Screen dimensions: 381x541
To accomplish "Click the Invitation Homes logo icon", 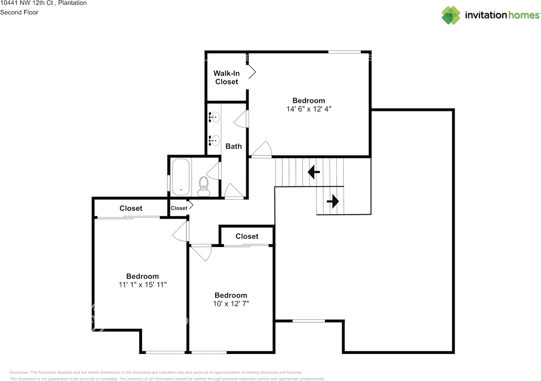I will click(451, 15).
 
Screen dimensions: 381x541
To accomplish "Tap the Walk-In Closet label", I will click(227, 78).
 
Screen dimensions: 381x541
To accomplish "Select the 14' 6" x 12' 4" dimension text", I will click(309, 109).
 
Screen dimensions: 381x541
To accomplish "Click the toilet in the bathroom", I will click(204, 186).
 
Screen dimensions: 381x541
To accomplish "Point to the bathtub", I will click(180, 177).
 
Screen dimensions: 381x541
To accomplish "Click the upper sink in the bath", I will click(214, 117).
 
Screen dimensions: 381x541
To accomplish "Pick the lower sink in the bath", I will click(214, 140).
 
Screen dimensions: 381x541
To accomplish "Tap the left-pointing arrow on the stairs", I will click(314, 172).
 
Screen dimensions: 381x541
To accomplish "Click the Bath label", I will click(234, 146).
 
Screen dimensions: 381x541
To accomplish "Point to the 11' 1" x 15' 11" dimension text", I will click(143, 285).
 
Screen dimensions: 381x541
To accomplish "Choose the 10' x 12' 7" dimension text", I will click(231, 303).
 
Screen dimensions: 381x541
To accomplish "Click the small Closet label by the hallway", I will click(179, 208).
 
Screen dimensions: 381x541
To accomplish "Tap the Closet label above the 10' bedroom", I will click(247, 236).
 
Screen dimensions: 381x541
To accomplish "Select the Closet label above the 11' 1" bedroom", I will click(131, 208).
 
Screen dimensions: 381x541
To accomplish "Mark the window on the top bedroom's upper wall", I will click(344, 52).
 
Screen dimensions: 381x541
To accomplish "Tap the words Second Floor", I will click(19, 12).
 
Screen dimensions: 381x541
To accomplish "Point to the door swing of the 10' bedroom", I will click(201, 253).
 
